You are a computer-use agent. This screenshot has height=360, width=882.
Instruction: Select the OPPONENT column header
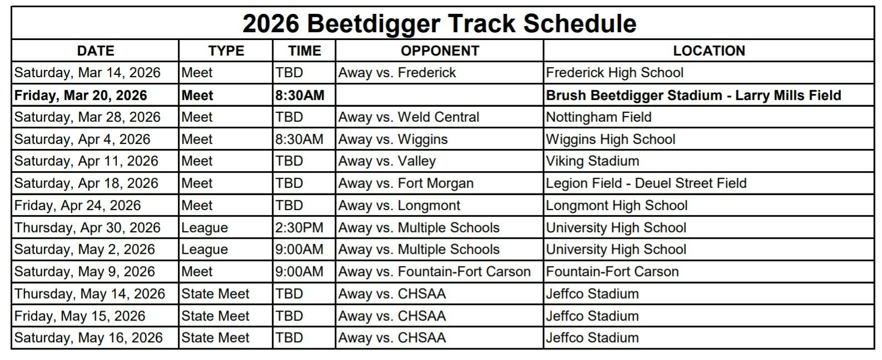tap(440, 51)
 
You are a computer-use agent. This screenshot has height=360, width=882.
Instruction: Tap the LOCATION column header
tap(709, 51)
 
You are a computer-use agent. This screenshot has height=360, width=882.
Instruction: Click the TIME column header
tap(305, 51)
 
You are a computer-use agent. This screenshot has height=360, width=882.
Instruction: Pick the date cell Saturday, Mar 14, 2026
tap(87, 73)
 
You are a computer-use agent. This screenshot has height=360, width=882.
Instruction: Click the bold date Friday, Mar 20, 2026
tap(81, 95)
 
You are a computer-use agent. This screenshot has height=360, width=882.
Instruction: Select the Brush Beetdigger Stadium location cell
tap(694, 95)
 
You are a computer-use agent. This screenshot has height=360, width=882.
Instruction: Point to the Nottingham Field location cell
tap(599, 117)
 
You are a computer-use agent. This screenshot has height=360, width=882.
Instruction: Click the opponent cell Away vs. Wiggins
tap(393, 139)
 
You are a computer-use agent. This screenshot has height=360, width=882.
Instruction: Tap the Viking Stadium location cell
tap(592, 161)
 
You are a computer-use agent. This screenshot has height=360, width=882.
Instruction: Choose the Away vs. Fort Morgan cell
tap(406, 183)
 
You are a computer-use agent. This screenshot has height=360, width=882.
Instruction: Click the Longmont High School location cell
tap(616, 206)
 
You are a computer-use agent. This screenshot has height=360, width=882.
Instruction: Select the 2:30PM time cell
tap(299, 227)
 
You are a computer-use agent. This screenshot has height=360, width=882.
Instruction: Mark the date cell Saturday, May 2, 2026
tap(84, 249)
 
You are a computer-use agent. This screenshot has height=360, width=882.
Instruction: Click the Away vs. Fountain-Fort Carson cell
tap(434, 272)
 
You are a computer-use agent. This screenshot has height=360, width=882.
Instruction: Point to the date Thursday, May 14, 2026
tap(90, 294)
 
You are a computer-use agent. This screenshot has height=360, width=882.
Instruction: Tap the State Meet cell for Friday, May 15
tap(216, 316)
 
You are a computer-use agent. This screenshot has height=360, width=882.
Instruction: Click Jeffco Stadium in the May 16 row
tap(592, 338)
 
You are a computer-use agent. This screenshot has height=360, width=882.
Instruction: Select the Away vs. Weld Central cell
tap(408, 117)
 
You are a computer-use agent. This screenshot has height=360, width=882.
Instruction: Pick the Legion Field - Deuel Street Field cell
tap(646, 183)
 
